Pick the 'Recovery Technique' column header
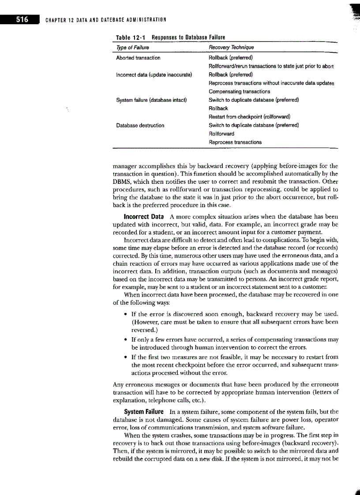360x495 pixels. pos(231,48)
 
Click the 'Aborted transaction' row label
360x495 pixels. pos(138,58)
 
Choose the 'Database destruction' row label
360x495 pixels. pos(140,125)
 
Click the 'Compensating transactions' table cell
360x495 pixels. pos(239,91)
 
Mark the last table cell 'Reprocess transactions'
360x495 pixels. pos(235,142)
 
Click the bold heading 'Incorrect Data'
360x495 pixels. pos(144,217)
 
